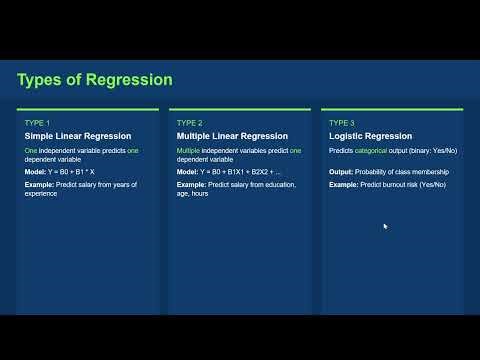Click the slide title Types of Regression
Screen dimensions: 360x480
click(95, 80)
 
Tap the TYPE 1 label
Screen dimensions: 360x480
click(36, 122)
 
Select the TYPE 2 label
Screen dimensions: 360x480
click(188, 122)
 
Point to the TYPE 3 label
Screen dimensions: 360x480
click(341, 122)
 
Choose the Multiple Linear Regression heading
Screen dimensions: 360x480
click(232, 136)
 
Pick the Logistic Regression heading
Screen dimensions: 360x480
click(371, 136)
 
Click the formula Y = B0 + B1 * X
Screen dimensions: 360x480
click(83, 172)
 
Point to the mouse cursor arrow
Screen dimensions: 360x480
click(385, 226)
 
